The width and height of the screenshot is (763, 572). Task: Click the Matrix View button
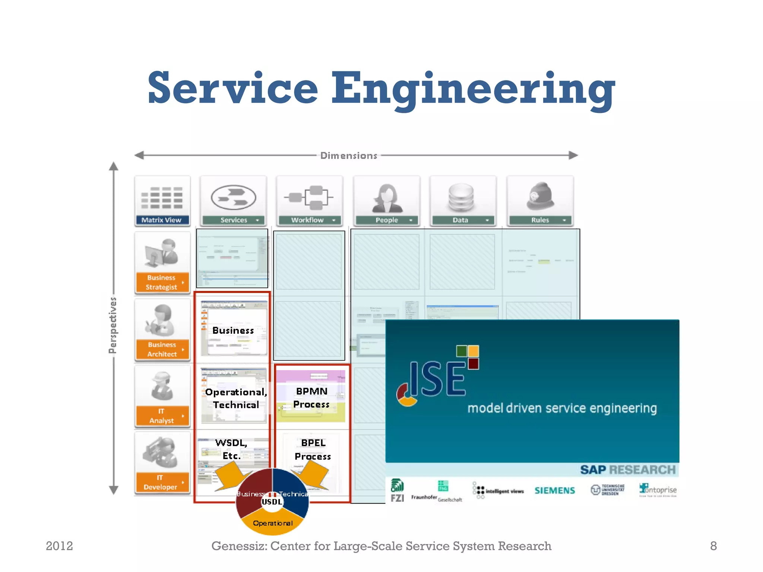tap(162, 220)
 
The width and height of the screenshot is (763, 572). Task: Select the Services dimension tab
tap(233, 220)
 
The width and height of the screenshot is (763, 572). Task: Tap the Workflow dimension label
tap(308, 220)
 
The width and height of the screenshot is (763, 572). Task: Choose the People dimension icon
tap(387, 198)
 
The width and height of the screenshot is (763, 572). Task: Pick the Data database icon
tap(461, 197)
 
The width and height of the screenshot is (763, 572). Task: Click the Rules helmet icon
tap(540, 196)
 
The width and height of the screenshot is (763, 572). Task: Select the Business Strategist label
tap(161, 282)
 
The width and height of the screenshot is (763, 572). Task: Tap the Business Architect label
tap(162, 349)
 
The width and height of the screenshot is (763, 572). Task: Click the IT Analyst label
tap(161, 416)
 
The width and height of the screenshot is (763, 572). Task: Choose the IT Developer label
tap(161, 482)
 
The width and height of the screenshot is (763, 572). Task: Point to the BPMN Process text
tap(311, 398)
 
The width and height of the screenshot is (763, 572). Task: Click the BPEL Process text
tap(313, 449)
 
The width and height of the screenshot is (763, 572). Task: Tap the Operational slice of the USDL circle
tap(273, 523)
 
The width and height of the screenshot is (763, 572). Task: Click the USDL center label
tap(272, 502)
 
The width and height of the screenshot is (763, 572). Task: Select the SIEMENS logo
tap(555, 490)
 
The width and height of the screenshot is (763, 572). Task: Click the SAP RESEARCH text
tap(627, 470)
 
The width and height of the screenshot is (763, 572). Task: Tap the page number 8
tap(713, 546)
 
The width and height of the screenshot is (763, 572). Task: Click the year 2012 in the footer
tap(59, 546)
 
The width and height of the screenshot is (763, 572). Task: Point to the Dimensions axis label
tap(349, 156)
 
